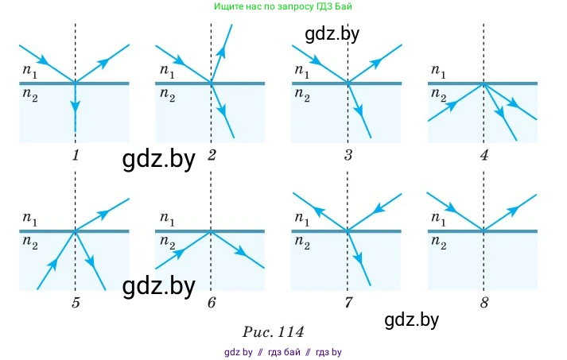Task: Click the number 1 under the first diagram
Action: (x=75, y=155)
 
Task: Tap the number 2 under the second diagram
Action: (x=212, y=155)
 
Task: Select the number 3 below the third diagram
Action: (x=348, y=155)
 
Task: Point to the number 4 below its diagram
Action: (x=484, y=155)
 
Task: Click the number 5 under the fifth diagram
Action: (x=75, y=302)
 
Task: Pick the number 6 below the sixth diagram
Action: (x=212, y=302)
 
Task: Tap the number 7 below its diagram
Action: (x=348, y=302)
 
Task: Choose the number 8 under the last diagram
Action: (x=484, y=302)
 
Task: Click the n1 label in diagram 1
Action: (x=29, y=71)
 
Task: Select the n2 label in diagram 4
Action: (x=438, y=95)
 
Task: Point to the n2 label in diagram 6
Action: (x=166, y=242)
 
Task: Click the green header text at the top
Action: (x=282, y=6)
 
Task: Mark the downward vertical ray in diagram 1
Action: (x=75, y=107)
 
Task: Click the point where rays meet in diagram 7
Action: (x=348, y=230)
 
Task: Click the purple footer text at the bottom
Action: (x=282, y=351)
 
